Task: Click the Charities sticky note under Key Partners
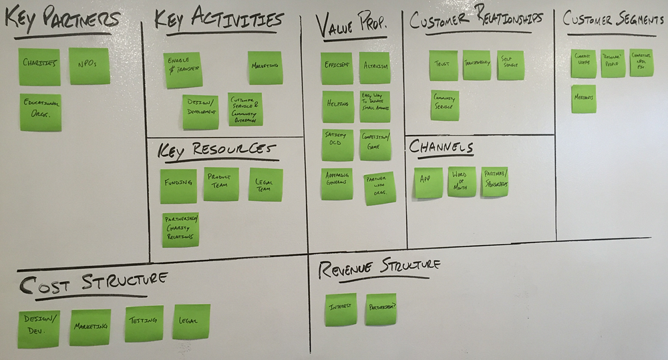click(39, 66)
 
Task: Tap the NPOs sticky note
click(90, 65)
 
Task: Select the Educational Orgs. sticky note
click(40, 112)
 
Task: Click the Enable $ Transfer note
click(183, 69)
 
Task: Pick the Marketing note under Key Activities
click(265, 67)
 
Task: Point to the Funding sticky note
click(178, 186)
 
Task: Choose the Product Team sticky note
click(221, 184)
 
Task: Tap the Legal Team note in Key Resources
click(265, 184)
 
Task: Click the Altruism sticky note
click(374, 67)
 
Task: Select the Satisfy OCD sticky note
click(337, 144)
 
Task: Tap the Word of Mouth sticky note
click(462, 182)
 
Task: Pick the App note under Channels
click(428, 182)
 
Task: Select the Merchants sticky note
click(583, 98)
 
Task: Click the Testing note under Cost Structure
click(144, 323)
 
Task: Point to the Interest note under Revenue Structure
click(341, 309)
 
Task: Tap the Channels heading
click(441, 147)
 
